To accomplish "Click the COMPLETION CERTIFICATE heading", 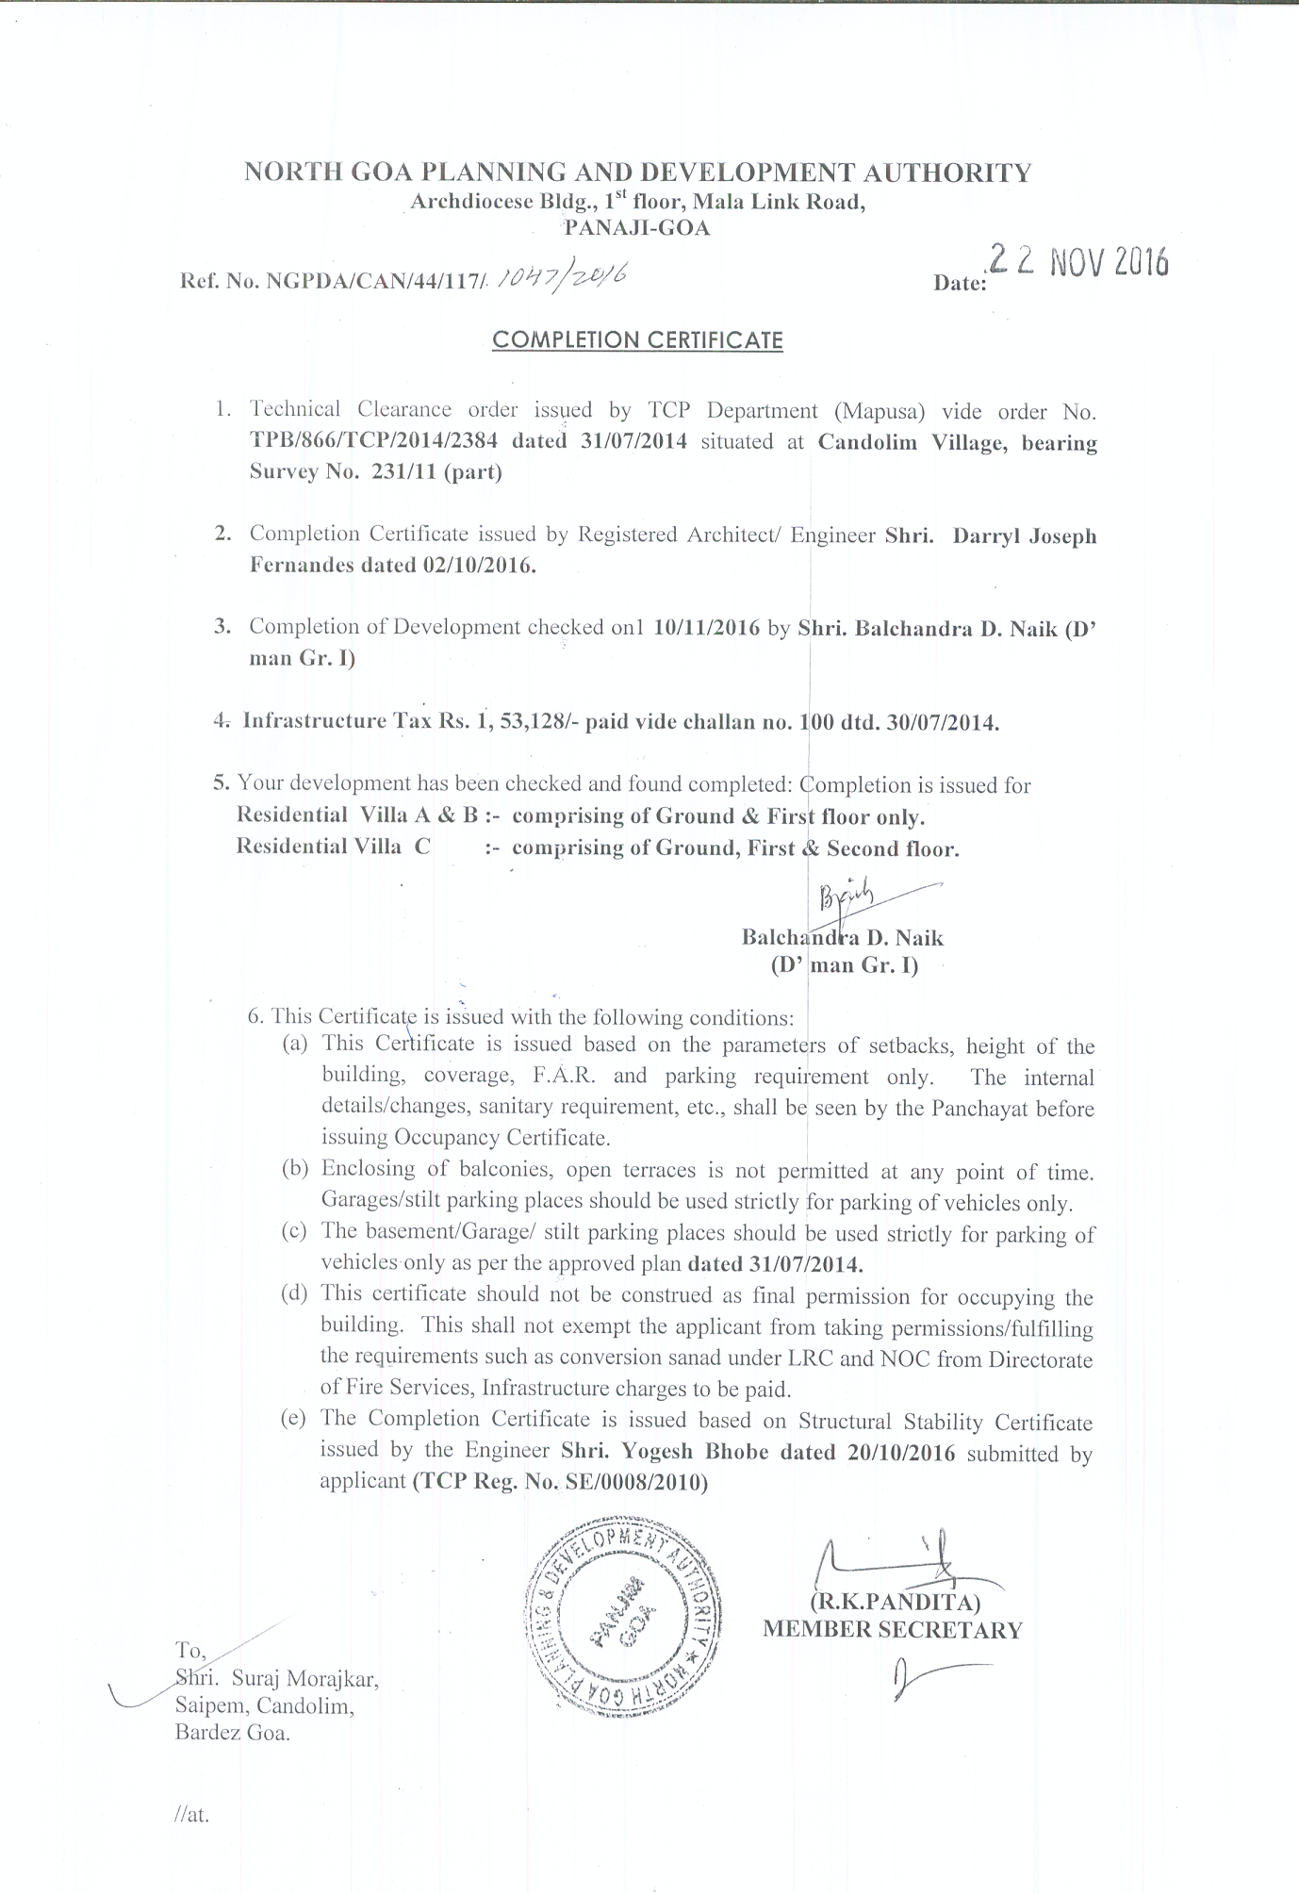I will (637, 339).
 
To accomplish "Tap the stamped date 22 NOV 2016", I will (1075, 262).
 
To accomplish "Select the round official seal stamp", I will (622, 1618).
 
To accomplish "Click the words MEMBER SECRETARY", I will (892, 1629).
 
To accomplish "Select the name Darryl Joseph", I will (1025, 535).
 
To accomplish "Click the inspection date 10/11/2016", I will (706, 628).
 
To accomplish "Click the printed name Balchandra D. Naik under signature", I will (842, 937).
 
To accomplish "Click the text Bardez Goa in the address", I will (232, 1733).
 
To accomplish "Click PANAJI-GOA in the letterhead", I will (636, 227).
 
